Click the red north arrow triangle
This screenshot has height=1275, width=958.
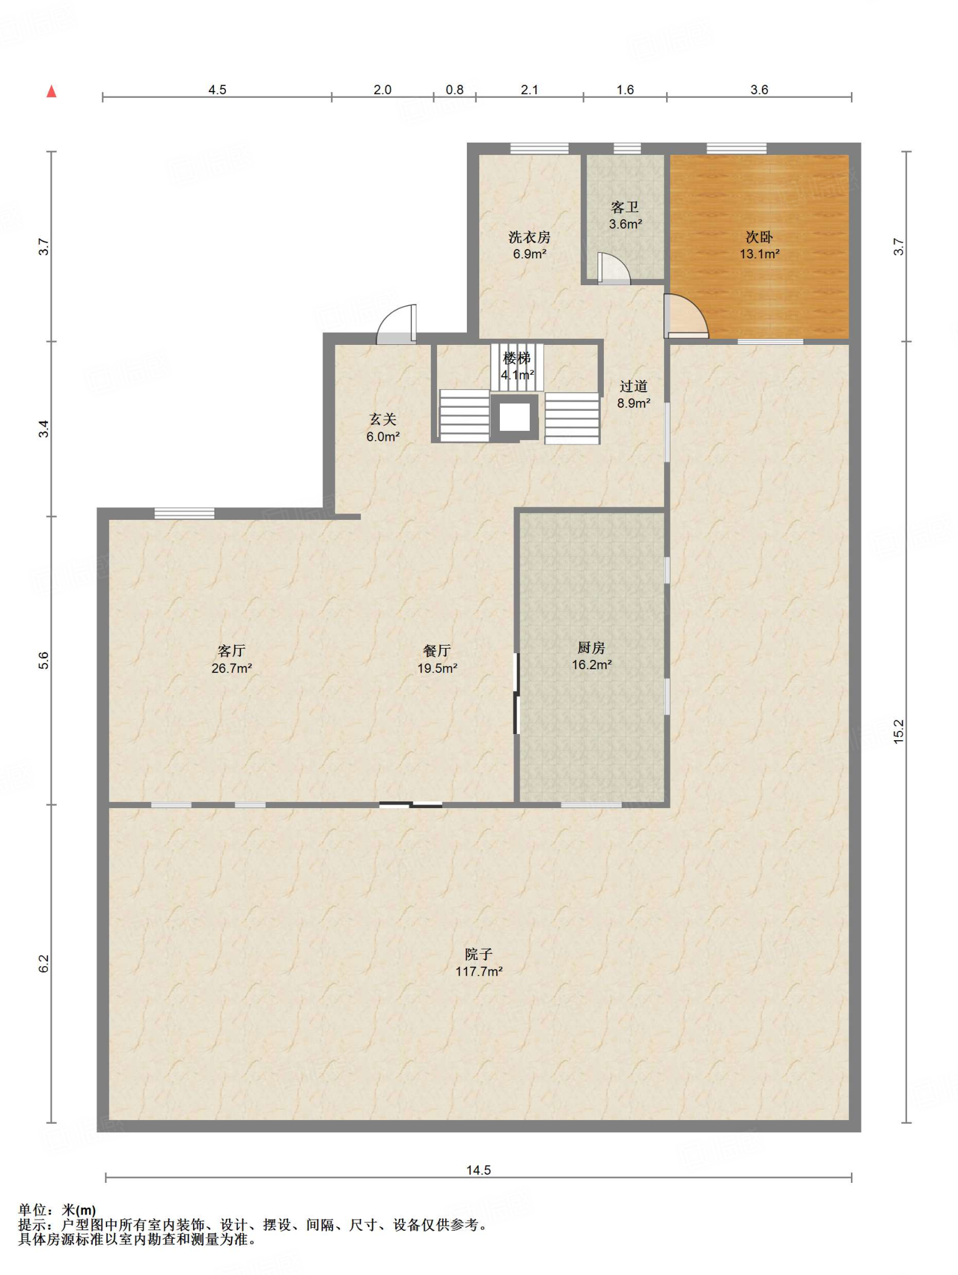click(x=52, y=92)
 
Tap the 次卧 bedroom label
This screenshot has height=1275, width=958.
click(x=759, y=245)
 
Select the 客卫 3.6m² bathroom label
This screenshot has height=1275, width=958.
click(x=625, y=215)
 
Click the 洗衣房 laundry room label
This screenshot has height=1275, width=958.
click(x=530, y=245)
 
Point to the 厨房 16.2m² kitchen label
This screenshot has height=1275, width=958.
click(x=591, y=656)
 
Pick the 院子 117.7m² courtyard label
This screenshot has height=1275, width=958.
click(x=479, y=962)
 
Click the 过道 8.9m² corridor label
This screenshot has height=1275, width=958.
click(x=634, y=395)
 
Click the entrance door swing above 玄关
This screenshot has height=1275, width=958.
click(x=397, y=324)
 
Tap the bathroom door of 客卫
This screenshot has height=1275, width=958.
click(x=614, y=268)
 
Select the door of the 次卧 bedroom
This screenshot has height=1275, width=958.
click(x=686, y=316)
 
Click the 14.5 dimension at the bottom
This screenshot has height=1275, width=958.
click(x=479, y=1170)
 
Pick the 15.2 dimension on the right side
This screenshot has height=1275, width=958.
click(x=899, y=732)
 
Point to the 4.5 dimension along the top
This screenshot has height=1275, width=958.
click(x=217, y=90)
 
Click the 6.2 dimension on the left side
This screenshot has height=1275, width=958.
click(x=44, y=964)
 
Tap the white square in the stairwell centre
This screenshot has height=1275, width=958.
click(x=515, y=417)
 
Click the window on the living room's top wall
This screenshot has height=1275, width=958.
click(x=184, y=514)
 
